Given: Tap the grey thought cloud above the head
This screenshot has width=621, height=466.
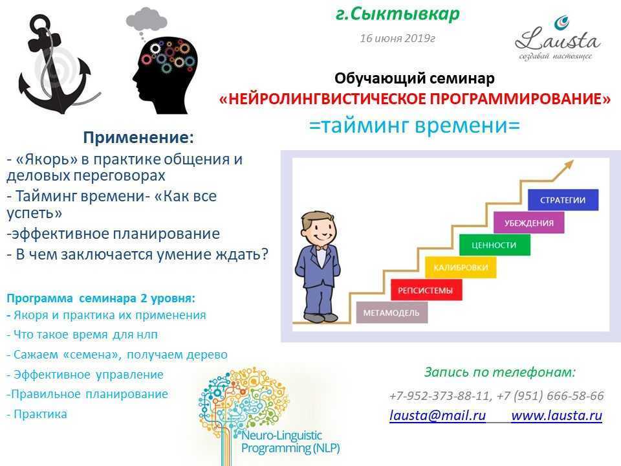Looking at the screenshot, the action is coord(147,19).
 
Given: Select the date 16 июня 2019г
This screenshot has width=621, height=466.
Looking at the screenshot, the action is coord(397,38).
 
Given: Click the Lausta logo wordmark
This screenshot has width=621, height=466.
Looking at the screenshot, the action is coord(558,39).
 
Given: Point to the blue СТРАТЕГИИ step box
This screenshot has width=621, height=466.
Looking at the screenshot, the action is coord(563,200).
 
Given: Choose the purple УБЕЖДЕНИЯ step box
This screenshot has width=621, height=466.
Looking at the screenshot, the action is coord(528,222).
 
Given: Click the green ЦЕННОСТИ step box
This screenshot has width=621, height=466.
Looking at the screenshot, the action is coord(494,245).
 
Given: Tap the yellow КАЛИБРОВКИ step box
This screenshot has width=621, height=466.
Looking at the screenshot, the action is coord(460,267).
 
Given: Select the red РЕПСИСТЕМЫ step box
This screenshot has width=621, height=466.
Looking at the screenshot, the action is coord(426,290).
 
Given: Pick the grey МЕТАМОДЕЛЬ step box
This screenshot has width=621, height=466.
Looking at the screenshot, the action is coord(392,312).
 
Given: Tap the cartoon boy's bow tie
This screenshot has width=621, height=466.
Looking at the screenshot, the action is coord(321,248).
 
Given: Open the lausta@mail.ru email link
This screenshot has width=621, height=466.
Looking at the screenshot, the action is coord(437,416).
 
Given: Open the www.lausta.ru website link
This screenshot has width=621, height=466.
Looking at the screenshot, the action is coord(556,416).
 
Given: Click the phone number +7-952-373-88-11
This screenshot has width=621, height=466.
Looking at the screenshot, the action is coord(441,395).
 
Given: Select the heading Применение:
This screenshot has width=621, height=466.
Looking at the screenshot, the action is coord(138,137).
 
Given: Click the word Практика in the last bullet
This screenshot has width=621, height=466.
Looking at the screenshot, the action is coord(40,414).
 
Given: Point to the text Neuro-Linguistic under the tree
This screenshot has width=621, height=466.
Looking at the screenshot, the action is coord(281,435).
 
